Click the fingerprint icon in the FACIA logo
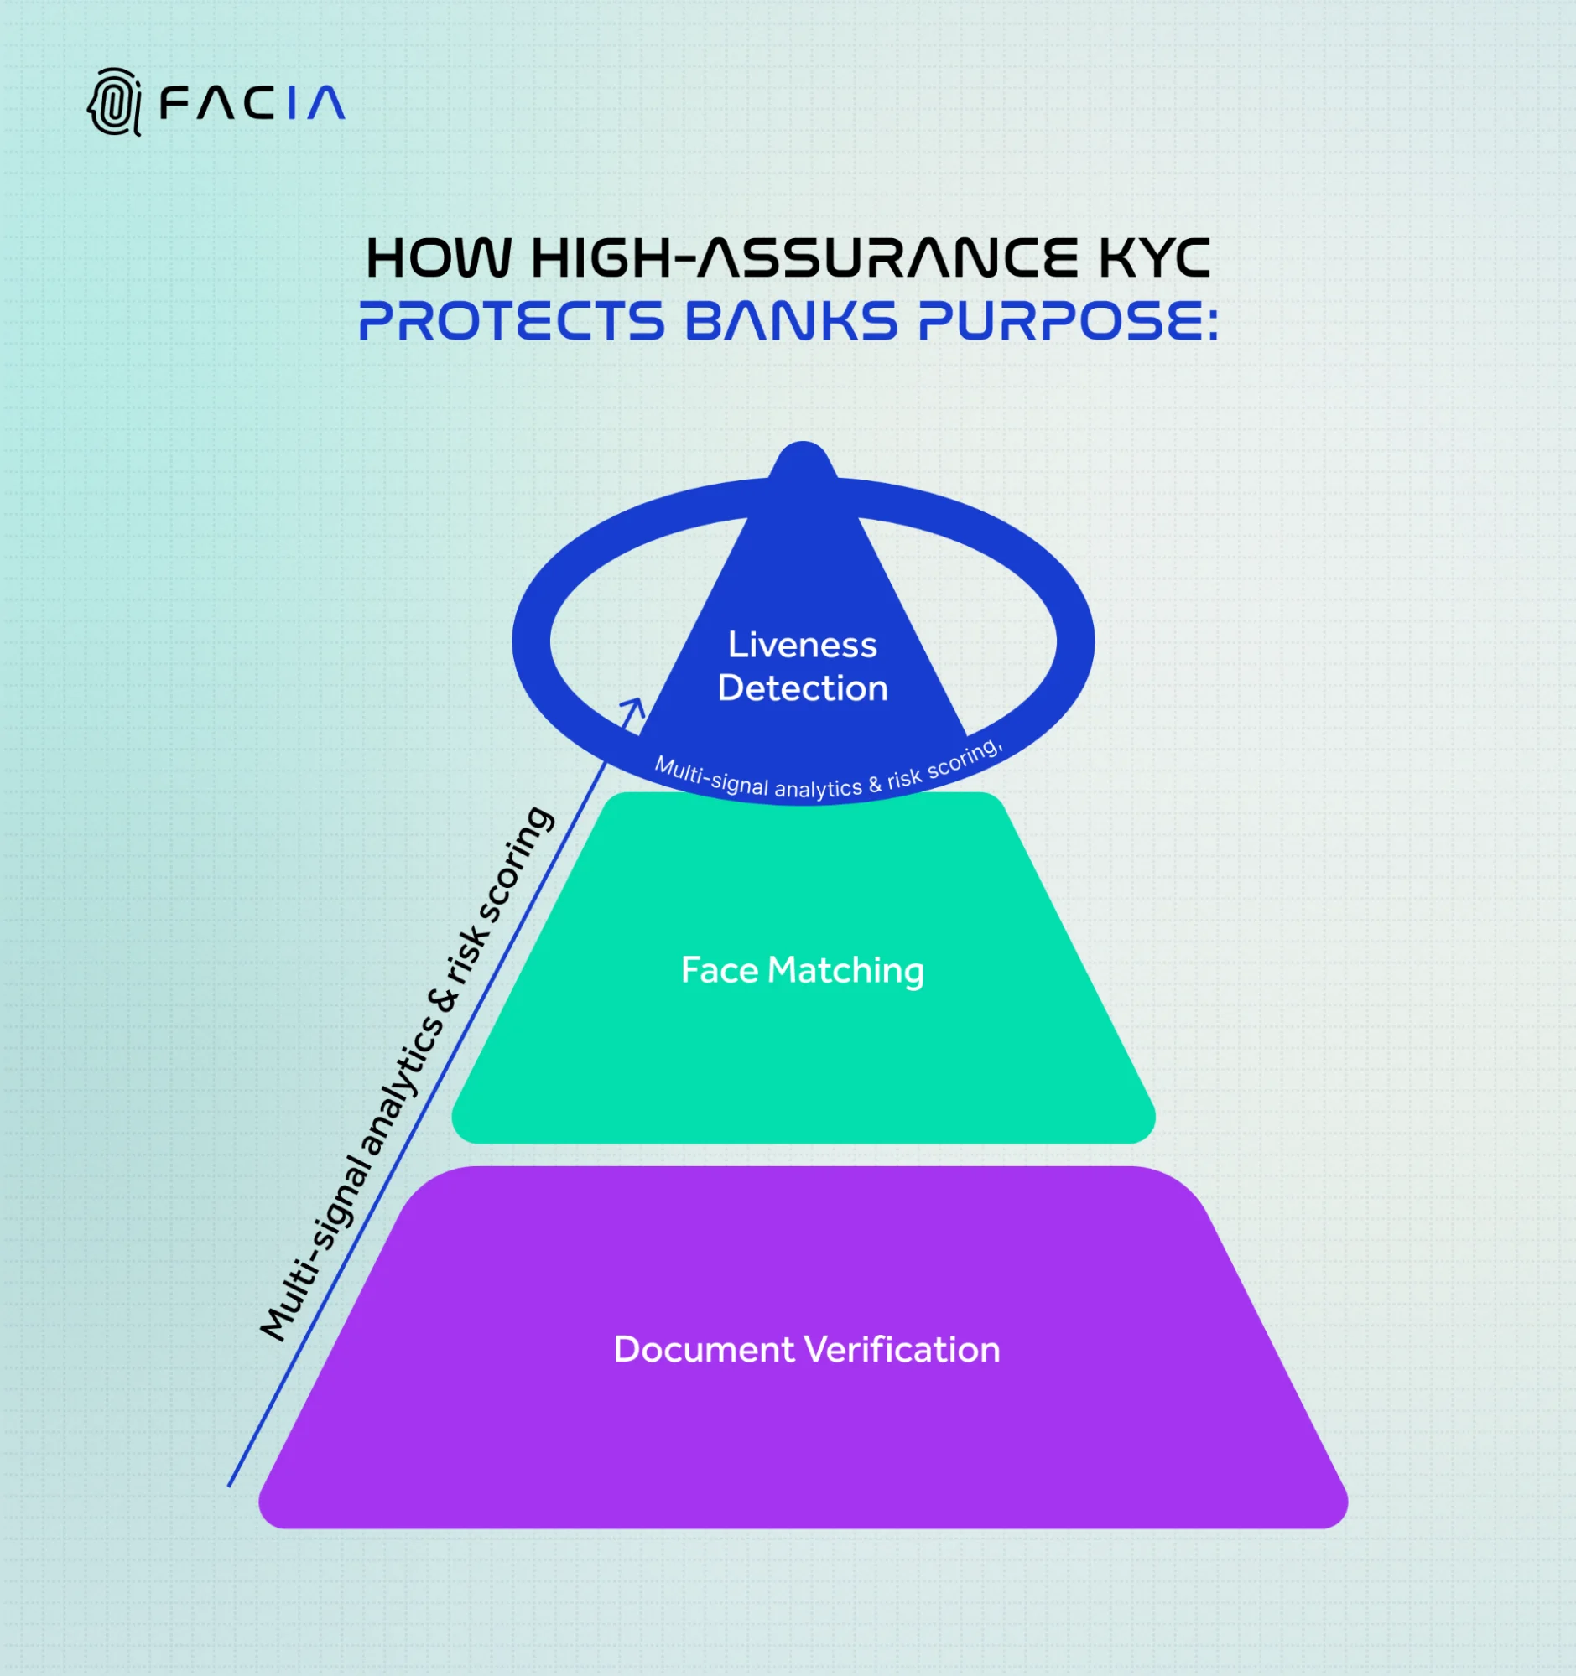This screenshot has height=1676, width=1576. (x=115, y=102)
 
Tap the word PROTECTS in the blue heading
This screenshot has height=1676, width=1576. (x=512, y=321)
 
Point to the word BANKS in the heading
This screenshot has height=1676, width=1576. (x=790, y=321)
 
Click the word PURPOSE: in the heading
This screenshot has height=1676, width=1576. (x=1068, y=321)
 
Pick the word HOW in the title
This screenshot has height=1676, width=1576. (x=439, y=258)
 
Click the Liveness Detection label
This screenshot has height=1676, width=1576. (x=802, y=666)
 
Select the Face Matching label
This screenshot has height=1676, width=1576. (x=802, y=969)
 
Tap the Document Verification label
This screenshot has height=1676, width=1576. (x=806, y=1349)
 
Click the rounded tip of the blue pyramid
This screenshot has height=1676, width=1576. (x=803, y=457)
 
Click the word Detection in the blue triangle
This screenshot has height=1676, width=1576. (x=802, y=688)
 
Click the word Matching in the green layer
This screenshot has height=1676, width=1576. (x=845, y=969)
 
